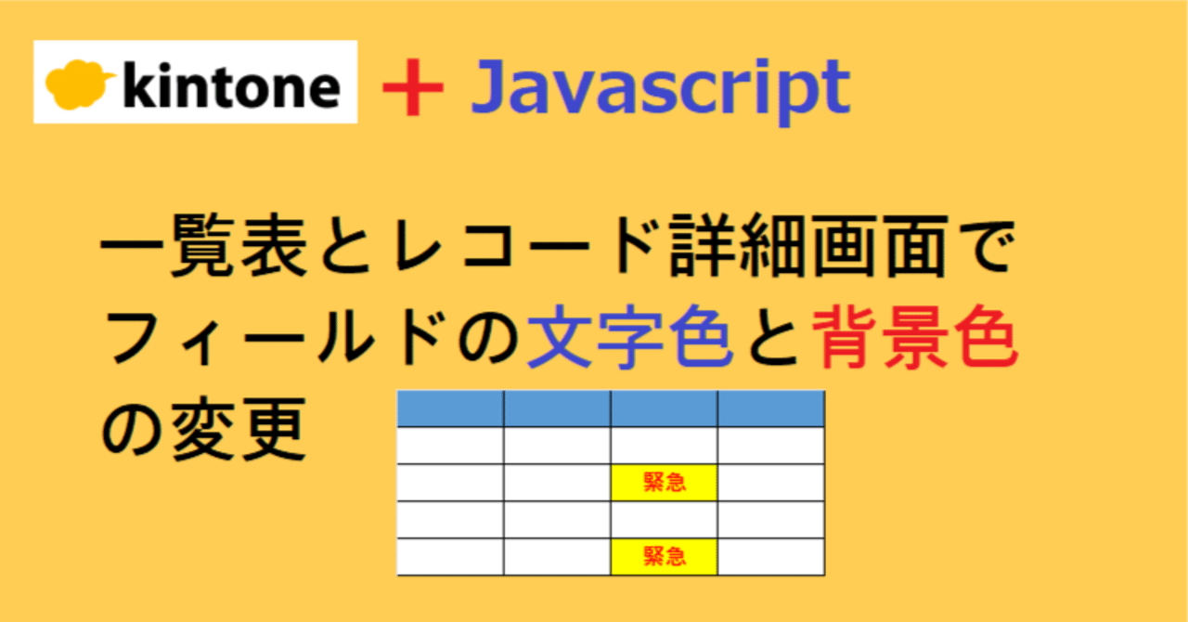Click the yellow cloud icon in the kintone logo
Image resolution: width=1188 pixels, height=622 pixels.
80,84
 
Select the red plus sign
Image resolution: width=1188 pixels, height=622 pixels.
413,88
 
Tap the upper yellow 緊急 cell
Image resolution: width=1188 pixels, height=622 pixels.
664,483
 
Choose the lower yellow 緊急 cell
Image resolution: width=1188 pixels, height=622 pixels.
664,556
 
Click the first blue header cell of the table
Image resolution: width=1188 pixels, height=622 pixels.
450,408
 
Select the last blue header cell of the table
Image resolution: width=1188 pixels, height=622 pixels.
770,408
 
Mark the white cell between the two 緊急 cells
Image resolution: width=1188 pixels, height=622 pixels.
664,520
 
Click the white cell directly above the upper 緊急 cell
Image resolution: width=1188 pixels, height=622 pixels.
664,446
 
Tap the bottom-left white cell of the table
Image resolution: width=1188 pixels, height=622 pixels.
450,556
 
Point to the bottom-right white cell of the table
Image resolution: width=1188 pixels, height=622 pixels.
770,556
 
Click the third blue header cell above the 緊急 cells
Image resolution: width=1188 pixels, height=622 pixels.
664,408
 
